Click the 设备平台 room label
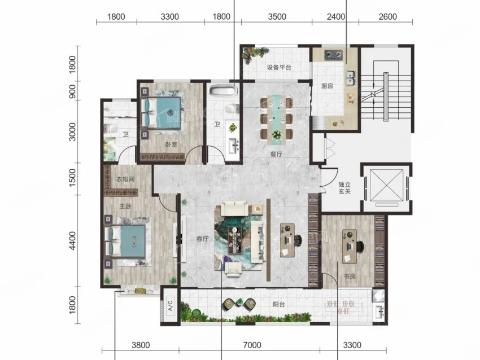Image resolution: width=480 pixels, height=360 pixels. (x=279, y=67)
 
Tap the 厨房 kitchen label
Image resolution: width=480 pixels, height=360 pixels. (x=327, y=86)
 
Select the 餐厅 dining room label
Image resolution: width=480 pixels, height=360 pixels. (x=276, y=154)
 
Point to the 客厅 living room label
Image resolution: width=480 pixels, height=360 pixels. (x=202, y=239)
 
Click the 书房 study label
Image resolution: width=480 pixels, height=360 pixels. (x=350, y=276)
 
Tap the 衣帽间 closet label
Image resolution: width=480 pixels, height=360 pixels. (x=125, y=179)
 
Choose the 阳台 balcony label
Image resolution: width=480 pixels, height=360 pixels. (x=279, y=304)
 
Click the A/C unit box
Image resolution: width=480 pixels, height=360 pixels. (x=170, y=305)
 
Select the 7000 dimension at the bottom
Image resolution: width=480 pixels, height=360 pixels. (x=252, y=345)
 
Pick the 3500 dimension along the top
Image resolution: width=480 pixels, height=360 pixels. (x=277, y=17)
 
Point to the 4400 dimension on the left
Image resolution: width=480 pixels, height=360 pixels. (x=72, y=241)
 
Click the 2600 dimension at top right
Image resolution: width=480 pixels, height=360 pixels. (x=387, y=17)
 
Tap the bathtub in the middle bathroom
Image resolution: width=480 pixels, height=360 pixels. (x=223, y=90)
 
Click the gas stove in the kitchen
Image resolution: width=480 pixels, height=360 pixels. (x=333, y=55)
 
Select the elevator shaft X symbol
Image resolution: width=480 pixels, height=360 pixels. (x=387, y=185)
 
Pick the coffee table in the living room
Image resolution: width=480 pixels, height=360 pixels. (x=235, y=240)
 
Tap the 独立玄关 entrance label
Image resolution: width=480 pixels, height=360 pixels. (x=344, y=188)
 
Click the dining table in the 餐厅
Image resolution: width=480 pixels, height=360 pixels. (x=277, y=118)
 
